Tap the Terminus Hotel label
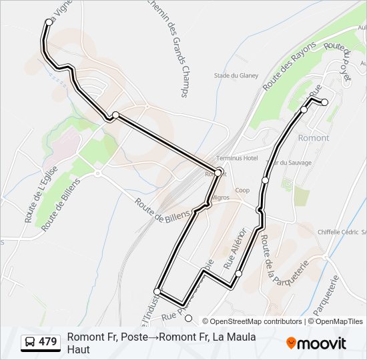tap(237, 158)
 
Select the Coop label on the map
tap(242, 190)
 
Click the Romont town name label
tap(313, 138)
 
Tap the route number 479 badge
tap(47, 342)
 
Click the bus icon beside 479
tap(30, 342)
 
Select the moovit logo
tap(316, 343)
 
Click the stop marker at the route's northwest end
tap(49, 22)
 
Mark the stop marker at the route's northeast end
tap(324, 102)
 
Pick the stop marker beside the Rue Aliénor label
tap(238, 273)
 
